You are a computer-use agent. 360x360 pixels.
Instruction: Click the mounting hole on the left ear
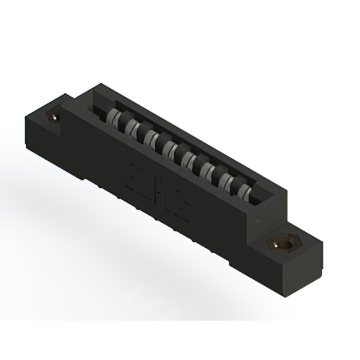[x=54, y=118]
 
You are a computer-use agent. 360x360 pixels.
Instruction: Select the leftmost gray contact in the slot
[x=115, y=119]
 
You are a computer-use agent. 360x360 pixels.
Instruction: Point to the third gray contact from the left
[x=151, y=138]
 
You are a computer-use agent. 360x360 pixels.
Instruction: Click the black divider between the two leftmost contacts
[x=124, y=123]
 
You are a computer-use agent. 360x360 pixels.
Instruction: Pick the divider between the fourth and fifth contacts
[x=178, y=153]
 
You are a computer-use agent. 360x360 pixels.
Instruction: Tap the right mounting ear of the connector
[x=292, y=253]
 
